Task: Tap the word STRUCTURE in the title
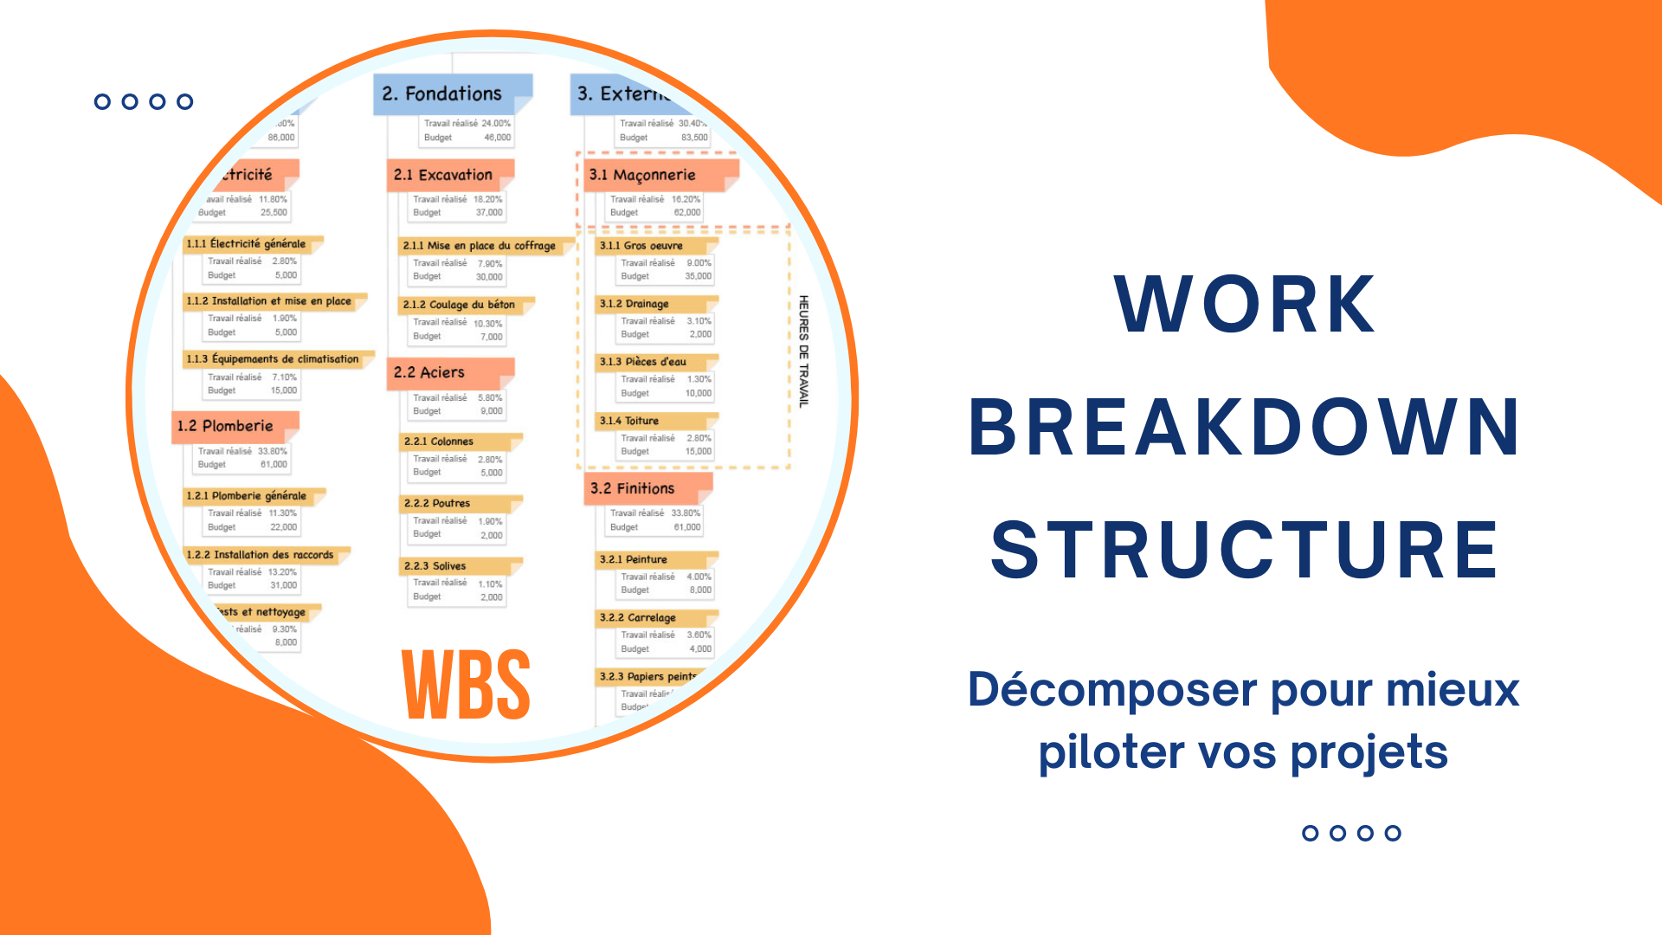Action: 1244,550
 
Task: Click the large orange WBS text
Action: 466,685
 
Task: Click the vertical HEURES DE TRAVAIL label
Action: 803,351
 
